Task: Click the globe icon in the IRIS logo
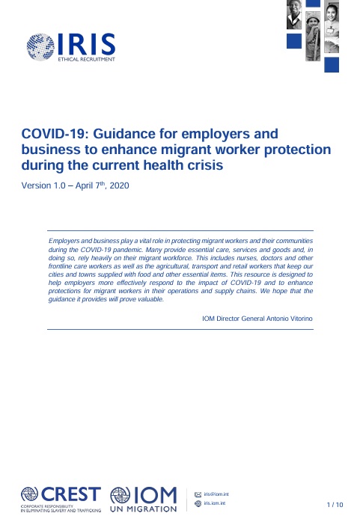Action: (x=40, y=47)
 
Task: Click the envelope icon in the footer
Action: (x=198, y=494)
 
